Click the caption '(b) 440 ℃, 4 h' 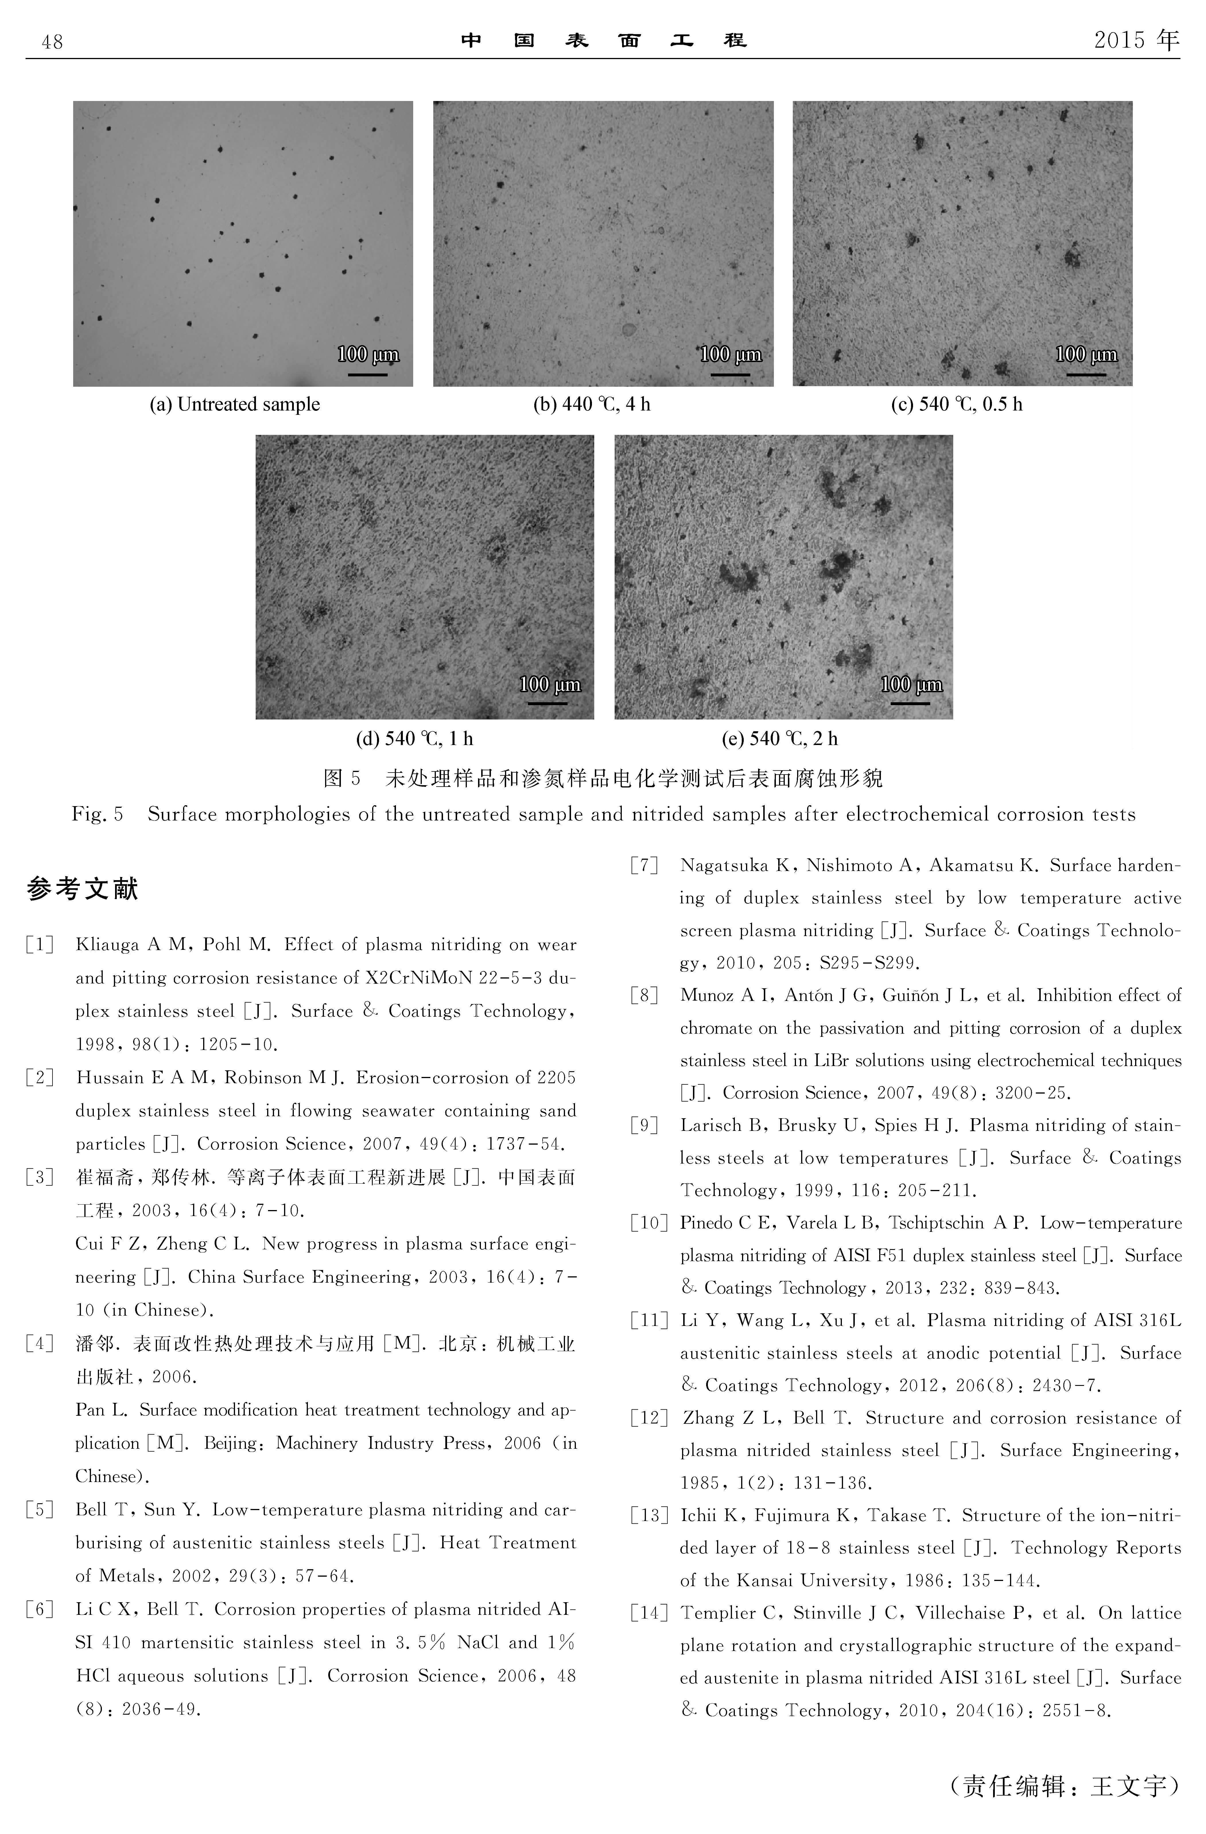[x=592, y=404]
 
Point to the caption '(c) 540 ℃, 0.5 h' [x=956, y=404]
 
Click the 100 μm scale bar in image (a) [x=368, y=374]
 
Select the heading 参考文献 [x=82, y=889]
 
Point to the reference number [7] [x=644, y=866]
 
